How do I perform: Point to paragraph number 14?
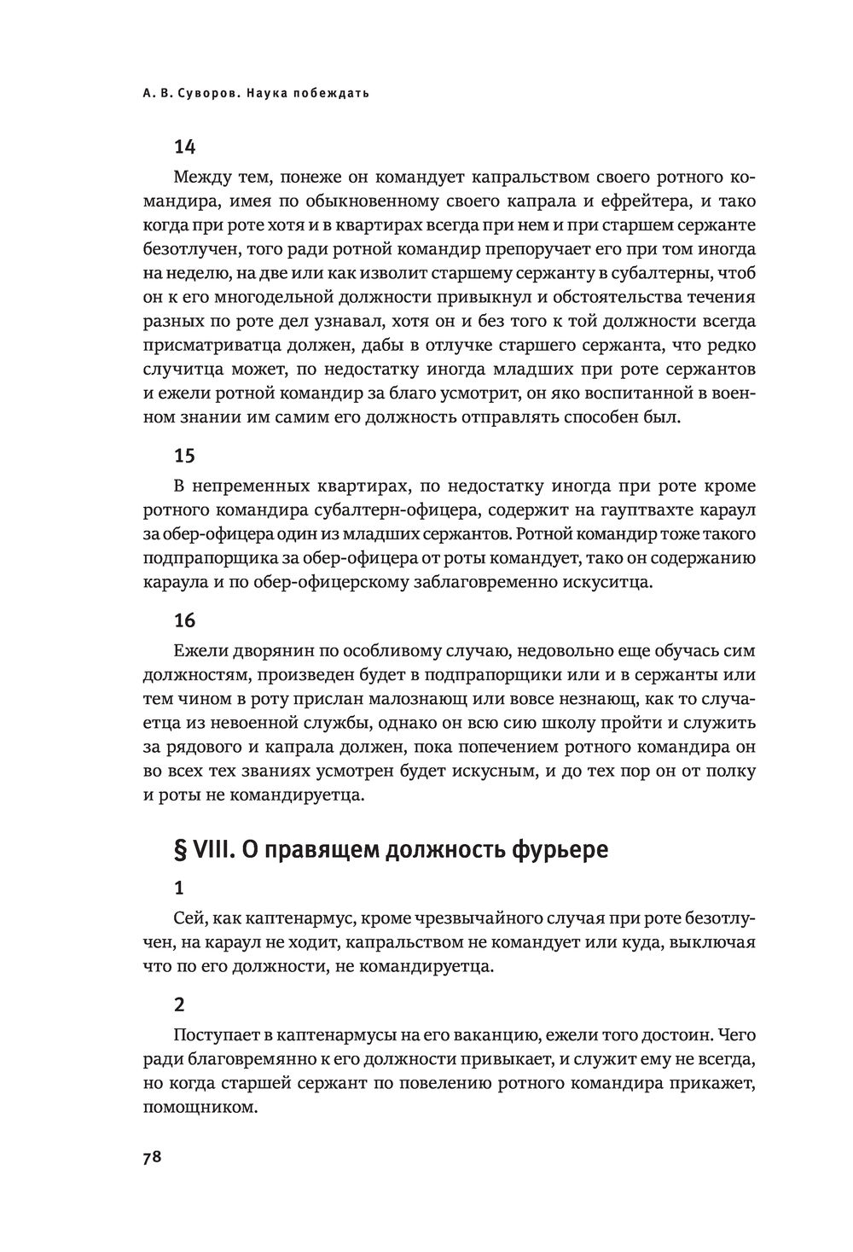184,146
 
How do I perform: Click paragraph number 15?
184,455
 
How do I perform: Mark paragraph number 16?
184,620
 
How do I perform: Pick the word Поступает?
212,1036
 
